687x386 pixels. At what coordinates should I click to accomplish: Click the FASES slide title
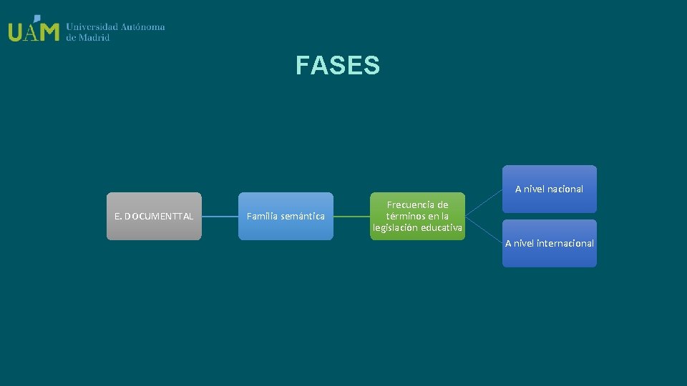[337, 66]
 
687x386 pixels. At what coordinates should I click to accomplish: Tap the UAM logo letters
[34, 30]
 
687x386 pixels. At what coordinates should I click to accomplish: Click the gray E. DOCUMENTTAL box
[154, 216]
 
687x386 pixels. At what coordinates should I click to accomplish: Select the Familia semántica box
[286, 216]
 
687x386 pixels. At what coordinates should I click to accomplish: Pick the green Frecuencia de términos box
[417, 216]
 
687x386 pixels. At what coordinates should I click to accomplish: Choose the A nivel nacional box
[549, 189]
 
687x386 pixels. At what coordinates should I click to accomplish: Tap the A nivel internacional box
[549, 243]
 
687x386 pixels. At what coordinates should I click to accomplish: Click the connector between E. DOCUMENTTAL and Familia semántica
[220, 216]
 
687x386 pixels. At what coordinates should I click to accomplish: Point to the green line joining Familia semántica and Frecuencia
[351, 216]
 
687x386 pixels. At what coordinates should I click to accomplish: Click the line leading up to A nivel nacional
[484, 202]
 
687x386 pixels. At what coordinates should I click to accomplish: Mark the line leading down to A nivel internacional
[484, 229]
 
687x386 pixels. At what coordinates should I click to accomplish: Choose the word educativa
[442, 228]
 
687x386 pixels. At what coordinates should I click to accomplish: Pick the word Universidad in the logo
[92, 27]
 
